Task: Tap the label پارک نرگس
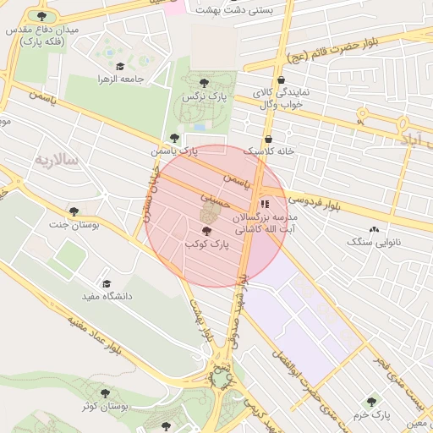(202, 97)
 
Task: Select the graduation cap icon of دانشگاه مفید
(107, 284)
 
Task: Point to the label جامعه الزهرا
(124, 79)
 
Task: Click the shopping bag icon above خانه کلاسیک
(269, 140)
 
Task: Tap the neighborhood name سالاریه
(55, 159)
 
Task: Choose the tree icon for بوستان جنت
(74, 211)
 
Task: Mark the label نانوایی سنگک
(373, 242)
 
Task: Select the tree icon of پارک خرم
(371, 402)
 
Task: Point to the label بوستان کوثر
(105, 407)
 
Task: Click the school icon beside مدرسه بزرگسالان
(265, 204)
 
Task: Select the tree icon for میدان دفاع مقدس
(42, 16)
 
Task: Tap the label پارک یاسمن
(173, 151)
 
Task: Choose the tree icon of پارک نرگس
(203, 83)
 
